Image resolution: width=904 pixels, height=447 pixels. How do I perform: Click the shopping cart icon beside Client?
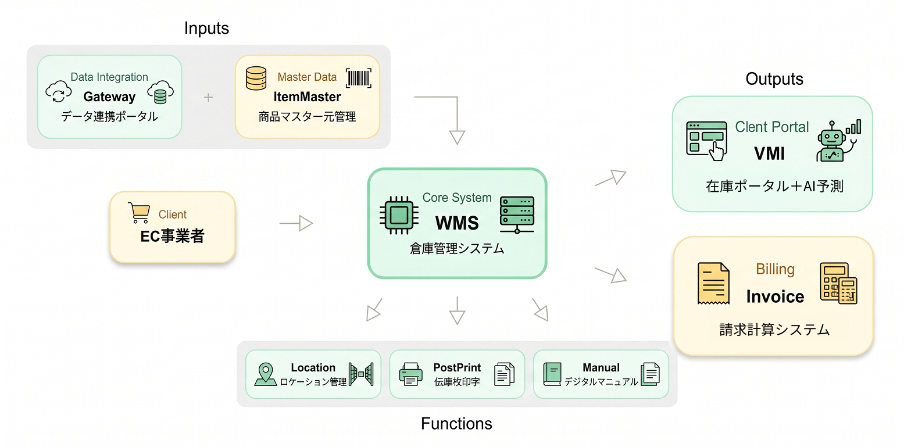pos(138,213)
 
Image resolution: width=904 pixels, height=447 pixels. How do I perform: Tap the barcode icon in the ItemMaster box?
pos(359,78)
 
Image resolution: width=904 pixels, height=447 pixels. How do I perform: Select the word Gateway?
pos(109,96)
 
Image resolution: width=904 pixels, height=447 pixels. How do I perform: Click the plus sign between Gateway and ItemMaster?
pos(209,97)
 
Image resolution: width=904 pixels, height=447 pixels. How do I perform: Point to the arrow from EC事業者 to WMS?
pos(296,223)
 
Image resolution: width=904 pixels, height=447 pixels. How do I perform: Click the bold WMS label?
pos(457,223)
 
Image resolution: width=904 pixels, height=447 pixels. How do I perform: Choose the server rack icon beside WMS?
pos(517,215)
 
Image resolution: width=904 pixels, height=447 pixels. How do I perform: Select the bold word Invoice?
pos(775,296)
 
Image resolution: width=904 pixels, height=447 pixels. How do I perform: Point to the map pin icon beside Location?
pos(266,375)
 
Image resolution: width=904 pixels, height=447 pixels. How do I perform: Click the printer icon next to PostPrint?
pos(411,374)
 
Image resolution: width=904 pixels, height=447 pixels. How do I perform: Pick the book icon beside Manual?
pos(552,374)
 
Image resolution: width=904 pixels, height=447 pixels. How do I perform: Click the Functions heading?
pos(456,424)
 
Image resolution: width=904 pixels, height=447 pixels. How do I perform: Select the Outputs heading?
pos(774,79)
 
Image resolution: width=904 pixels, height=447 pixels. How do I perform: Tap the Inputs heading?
pos(206,28)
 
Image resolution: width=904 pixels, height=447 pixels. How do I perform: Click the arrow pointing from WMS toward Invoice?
pos(611,274)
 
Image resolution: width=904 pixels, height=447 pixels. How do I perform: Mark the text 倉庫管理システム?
pos(457,249)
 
